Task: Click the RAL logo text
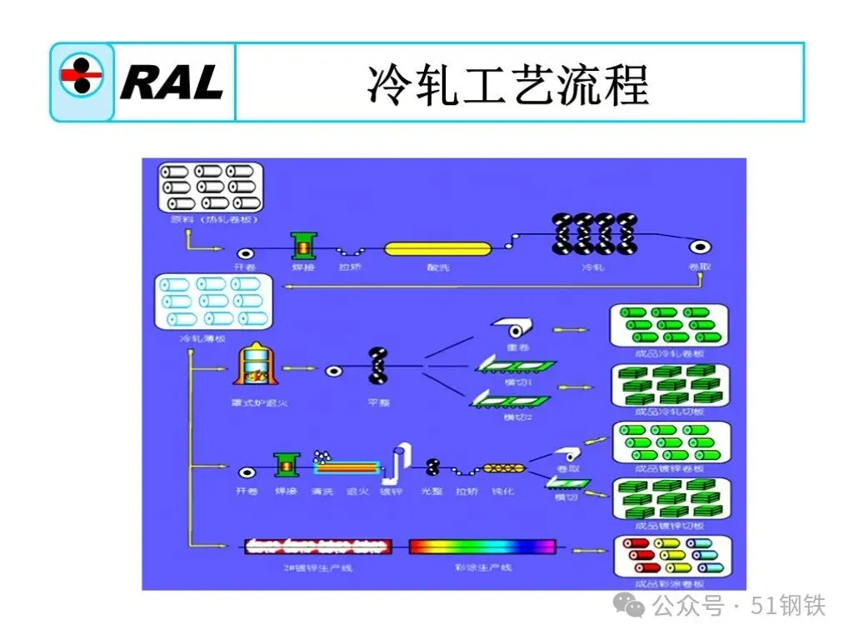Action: click(171, 82)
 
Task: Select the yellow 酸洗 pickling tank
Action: click(438, 248)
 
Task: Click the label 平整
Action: click(377, 402)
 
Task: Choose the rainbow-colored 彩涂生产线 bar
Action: click(482, 547)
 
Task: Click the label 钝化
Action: click(503, 492)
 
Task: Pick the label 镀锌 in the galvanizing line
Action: click(392, 492)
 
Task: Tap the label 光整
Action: click(431, 492)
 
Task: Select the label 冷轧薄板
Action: click(202, 339)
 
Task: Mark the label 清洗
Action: click(322, 492)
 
